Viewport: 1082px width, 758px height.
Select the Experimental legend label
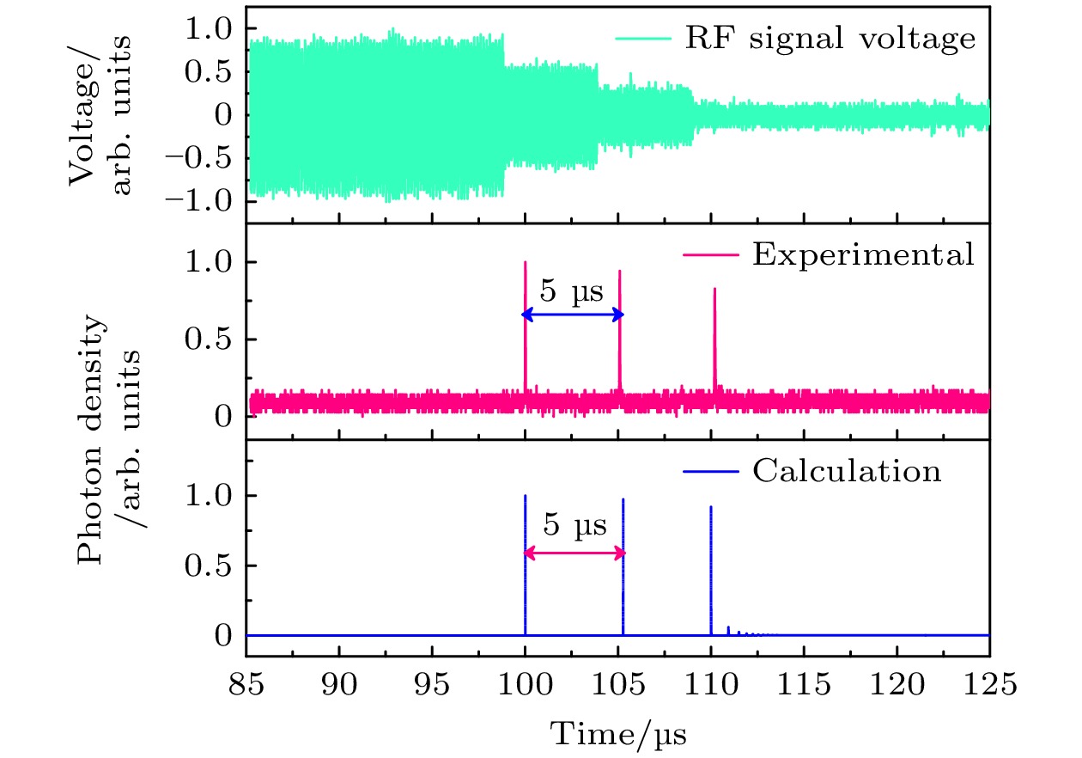click(863, 254)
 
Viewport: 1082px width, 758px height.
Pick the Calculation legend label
click(847, 471)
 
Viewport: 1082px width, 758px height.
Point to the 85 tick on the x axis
click(246, 687)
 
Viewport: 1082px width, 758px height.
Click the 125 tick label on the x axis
click(989, 687)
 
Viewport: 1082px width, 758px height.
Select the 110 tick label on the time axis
click(711, 687)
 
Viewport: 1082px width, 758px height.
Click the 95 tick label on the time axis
click(432, 687)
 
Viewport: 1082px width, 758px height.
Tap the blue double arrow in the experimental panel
click(572, 315)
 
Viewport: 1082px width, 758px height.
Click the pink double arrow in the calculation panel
click(574, 553)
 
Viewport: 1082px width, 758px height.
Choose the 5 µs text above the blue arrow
click(571, 292)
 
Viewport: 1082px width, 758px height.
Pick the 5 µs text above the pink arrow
click(574, 525)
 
